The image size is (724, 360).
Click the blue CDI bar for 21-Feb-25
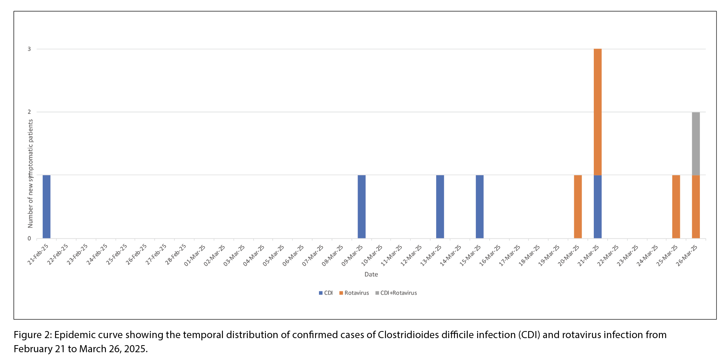[x=46, y=206]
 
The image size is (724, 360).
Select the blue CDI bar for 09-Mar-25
[x=361, y=206]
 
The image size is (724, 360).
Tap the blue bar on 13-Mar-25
[x=440, y=206]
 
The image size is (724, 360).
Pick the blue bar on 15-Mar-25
[x=480, y=206]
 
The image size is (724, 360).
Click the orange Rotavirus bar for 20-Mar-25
[x=578, y=206]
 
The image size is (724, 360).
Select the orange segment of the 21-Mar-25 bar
[x=598, y=112]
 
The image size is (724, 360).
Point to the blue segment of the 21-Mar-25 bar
[x=598, y=206]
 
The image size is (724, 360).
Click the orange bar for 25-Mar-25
[x=676, y=206]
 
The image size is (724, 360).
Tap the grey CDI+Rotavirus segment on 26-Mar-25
[x=696, y=144]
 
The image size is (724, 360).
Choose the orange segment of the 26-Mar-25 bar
[x=696, y=206]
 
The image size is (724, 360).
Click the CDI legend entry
[x=326, y=293]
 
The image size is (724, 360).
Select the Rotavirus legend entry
[x=354, y=293]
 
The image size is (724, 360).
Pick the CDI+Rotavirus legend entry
[x=396, y=293]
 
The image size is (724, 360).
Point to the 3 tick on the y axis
[x=29, y=49]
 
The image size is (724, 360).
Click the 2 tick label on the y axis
[x=29, y=112]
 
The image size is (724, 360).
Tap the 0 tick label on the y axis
[x=29, y=238]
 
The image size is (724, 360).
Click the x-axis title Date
[x=371, y=274]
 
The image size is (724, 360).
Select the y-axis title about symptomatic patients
[x=30, y=173]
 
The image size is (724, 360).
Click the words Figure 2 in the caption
[x=32, y=335]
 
